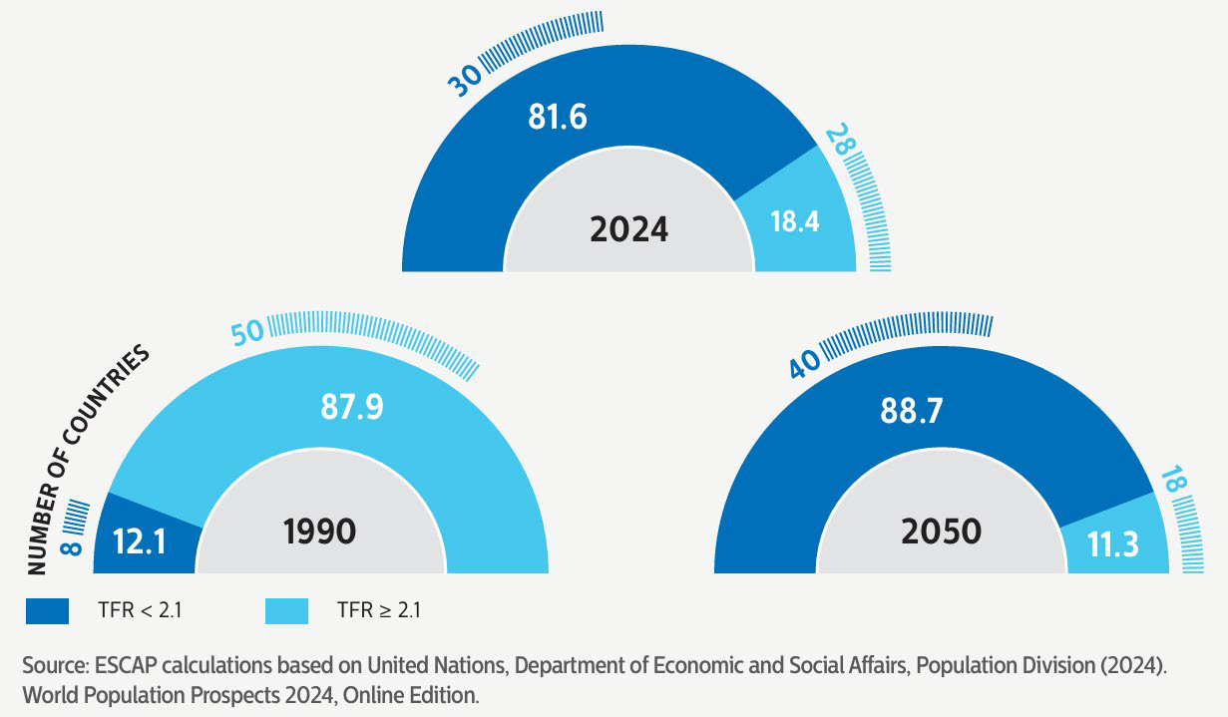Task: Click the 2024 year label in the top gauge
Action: [628, 229]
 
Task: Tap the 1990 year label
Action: [319, 531]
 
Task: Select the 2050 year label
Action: [941, 531]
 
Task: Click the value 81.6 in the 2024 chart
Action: [557, 117]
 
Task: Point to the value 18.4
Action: [795, 221]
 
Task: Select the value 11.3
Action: [1114, 546]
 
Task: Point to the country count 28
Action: [840, 142]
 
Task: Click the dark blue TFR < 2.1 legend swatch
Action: [47, 610]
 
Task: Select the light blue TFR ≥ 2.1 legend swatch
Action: [285, 610]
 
